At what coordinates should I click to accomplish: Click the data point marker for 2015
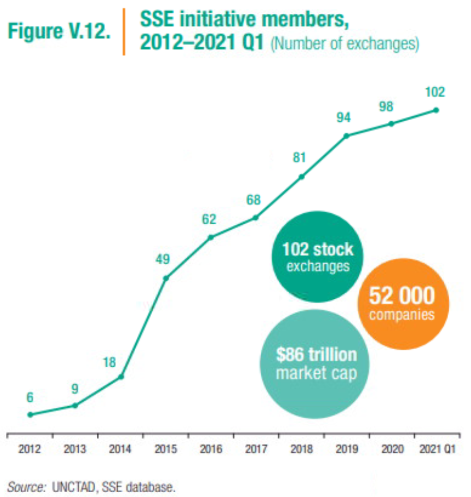[x=166, y=278]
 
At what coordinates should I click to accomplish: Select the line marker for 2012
[x=30, y=415]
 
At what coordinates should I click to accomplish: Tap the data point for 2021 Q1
[x=436, y=110]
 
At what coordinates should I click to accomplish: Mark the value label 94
[x=343, y=117]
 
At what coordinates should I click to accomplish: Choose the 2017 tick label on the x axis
[x=256, y=449]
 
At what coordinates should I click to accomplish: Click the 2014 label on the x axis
[x=120, y=449]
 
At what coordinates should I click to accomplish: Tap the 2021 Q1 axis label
[x=436, y=449]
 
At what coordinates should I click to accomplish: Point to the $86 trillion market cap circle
[x=316, y=363]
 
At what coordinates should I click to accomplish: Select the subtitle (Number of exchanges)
[x=344, y=43]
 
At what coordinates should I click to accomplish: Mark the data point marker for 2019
[x=346, y=136]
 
